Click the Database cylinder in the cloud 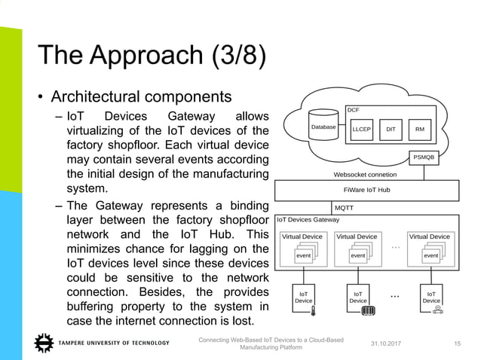323,128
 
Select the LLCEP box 361,129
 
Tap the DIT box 390,129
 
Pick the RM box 419,129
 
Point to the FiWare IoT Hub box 366,190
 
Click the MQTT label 344,207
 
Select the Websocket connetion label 365,174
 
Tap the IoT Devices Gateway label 308,220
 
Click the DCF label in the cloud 353,110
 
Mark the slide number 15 456,344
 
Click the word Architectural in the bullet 97,97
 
